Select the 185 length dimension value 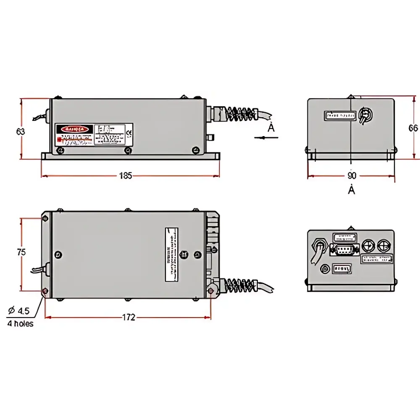click(x=125, y=176)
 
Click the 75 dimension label click(x=21, y=252)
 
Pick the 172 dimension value click(x=129, y=318)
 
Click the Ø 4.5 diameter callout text click(x=19, y=311)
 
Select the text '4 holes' click(x=20, y=323)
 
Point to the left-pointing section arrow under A click(x=260, y=137)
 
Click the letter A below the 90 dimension click(x=352, y=190)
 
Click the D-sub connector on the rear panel click(x=345, y=251)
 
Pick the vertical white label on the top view click(x=171, y=255)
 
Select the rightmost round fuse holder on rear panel click(x=383, y=246)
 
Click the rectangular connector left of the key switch click(x=340, y=115)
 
